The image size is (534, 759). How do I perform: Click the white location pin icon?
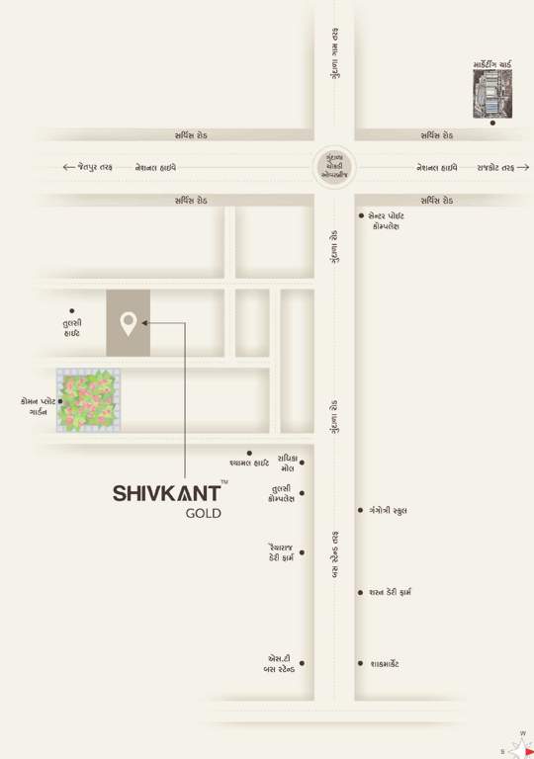click(x=128, y=323)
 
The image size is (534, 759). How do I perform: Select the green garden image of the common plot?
click(x=89, y=400)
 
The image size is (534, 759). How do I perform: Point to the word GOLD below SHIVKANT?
click(x=204, y=514)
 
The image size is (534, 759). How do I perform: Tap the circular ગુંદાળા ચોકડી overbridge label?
click(x=334, y=167)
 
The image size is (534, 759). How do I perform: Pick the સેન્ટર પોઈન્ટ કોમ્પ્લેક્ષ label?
click(x=387, y=220)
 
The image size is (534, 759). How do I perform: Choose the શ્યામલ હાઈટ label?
click(x=249, y=463)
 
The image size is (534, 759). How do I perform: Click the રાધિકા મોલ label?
click(x=287, y=463)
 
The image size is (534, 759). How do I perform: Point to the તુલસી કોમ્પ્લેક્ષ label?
click(x=281, y=493)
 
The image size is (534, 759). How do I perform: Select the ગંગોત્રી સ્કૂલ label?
click(x=388, y=511)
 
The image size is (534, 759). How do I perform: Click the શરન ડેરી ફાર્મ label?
click(x=396, y=593)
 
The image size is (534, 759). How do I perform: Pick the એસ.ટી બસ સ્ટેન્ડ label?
click(x=278, y=664)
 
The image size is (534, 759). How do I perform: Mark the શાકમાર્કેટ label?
click(x=384, y=664)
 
